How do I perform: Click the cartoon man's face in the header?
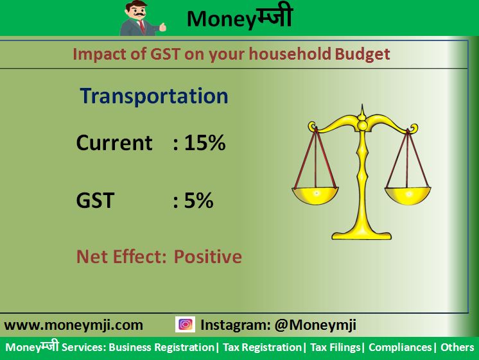pos(136,12)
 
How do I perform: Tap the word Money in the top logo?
pos(220,19)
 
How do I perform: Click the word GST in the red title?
pos(165,54)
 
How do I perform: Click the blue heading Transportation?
pos(154,96)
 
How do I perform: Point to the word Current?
pos(114,142)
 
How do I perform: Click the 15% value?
pos(205,142)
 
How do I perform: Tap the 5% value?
pos(198,200)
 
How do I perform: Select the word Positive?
pos(208,257)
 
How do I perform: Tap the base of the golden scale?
pos(361,235)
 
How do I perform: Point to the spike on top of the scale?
pos(362,112)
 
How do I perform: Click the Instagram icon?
pos(185,324)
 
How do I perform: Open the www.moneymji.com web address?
pos(74,325)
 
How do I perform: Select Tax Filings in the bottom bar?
pos(335,347)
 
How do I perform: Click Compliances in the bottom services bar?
pos(400,347)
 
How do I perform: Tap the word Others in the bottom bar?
pos(457,347)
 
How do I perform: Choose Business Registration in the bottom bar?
pos(162,347)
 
